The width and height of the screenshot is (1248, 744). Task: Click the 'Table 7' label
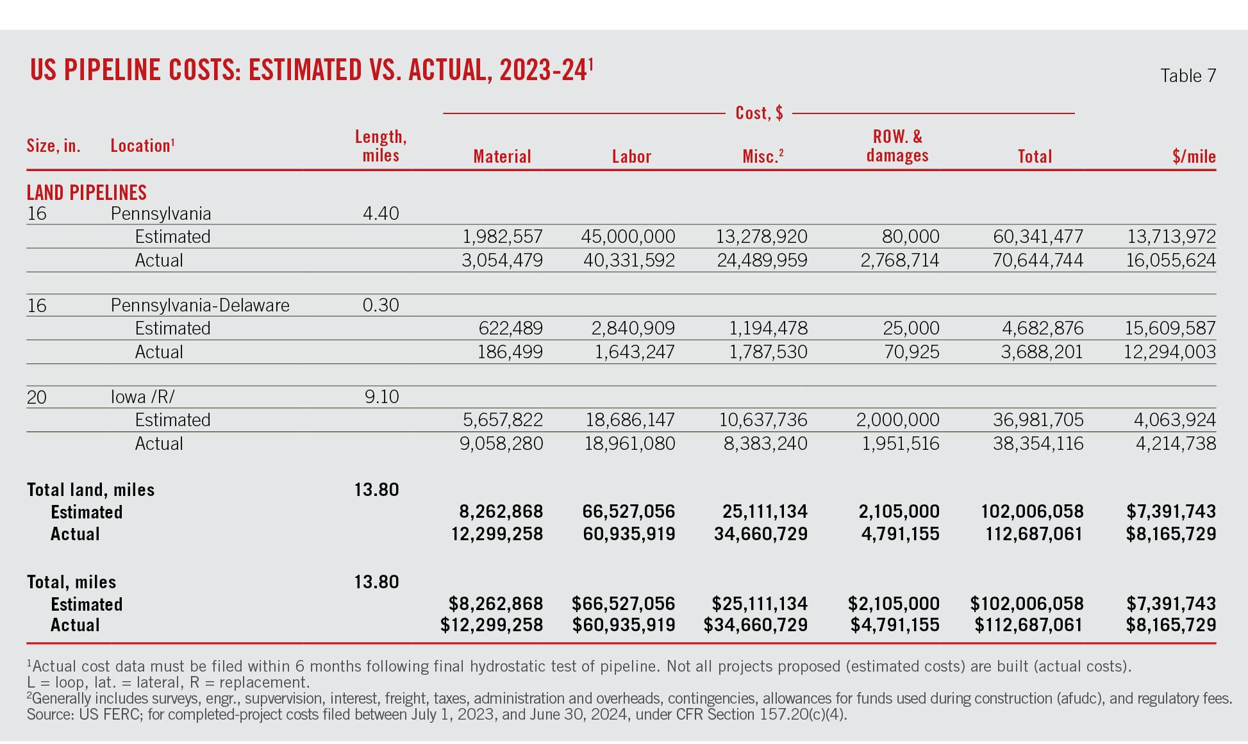1187,76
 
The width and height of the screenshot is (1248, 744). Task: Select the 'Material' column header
502,157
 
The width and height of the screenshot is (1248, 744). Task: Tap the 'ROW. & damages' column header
897,146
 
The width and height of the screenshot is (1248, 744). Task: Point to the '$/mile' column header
1194,157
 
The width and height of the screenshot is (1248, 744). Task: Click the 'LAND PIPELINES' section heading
87,193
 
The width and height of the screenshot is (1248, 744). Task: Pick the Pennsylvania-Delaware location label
200,305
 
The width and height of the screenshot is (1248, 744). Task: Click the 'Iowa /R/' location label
142,397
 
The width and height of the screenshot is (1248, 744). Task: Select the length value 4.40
381,213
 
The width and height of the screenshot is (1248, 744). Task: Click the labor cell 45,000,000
628,236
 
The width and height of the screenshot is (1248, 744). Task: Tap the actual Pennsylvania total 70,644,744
1038,260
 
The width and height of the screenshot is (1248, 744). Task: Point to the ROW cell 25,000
910,328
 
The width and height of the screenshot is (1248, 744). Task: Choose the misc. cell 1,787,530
768,352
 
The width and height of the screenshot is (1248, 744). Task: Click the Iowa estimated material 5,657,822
503,420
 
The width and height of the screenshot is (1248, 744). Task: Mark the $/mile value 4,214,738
1175,443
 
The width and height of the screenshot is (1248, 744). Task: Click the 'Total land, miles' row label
90,490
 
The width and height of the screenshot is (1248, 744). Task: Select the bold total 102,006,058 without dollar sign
1032,511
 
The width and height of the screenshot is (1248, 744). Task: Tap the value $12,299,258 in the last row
492,625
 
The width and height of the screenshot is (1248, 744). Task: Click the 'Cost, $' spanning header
759,113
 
